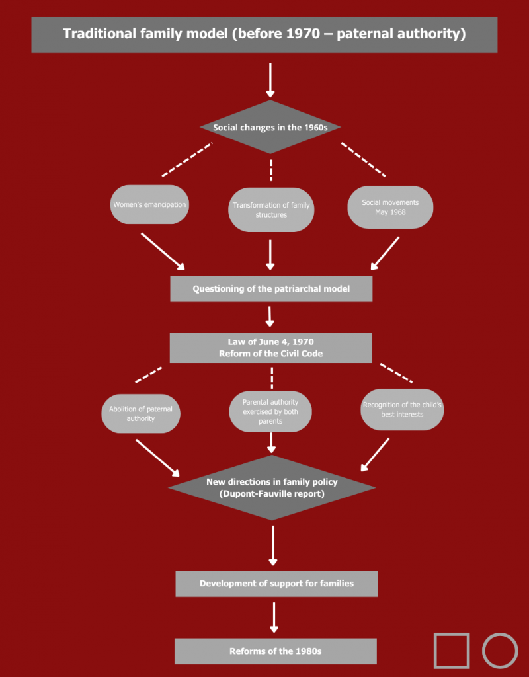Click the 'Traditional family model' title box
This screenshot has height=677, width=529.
point(264,34)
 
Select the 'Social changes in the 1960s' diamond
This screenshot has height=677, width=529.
point(270,126)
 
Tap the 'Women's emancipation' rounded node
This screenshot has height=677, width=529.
point(149,204)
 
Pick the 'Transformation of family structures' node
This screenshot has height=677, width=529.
point(271,210)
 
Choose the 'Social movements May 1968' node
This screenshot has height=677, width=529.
point(390,207)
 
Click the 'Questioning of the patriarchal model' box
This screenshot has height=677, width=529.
point(271,289)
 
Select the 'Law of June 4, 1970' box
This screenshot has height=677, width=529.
point(271,348)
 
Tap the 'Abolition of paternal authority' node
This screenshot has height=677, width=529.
point(140,414)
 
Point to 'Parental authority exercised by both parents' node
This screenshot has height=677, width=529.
point(270,411)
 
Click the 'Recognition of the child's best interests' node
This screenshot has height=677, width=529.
point(402,409)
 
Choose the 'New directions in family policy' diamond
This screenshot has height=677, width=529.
point(272,488)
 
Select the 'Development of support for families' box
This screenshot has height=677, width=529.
point(276,584)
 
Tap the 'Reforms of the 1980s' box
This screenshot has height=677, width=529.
point(276,651)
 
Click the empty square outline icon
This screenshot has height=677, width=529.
point(452,651)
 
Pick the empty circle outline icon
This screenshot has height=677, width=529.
point(500,651)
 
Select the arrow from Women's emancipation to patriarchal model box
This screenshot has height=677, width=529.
point(163,251)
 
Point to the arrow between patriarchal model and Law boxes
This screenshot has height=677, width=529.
point(270,316)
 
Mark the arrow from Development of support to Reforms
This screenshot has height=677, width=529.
point(274,617)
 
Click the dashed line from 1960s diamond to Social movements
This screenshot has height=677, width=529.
point(363,159)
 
